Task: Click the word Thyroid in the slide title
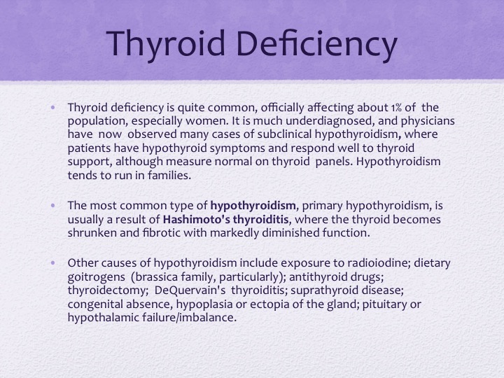tap(165, 43)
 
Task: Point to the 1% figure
tap(396, 108)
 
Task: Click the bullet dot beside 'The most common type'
tap(53, 205)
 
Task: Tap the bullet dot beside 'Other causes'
tap(53, 263)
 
